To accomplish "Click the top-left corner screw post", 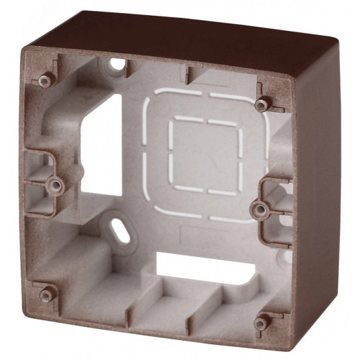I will coord(46,81).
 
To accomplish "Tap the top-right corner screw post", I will coord(262,104).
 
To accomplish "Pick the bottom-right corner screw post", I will coord(260,321).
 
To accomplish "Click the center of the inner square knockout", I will coord(205,155).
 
